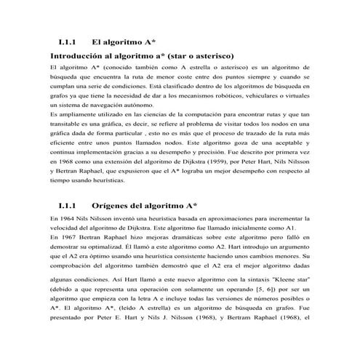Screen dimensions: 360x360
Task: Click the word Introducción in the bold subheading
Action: pyautogui.click(x=78, y=55)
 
